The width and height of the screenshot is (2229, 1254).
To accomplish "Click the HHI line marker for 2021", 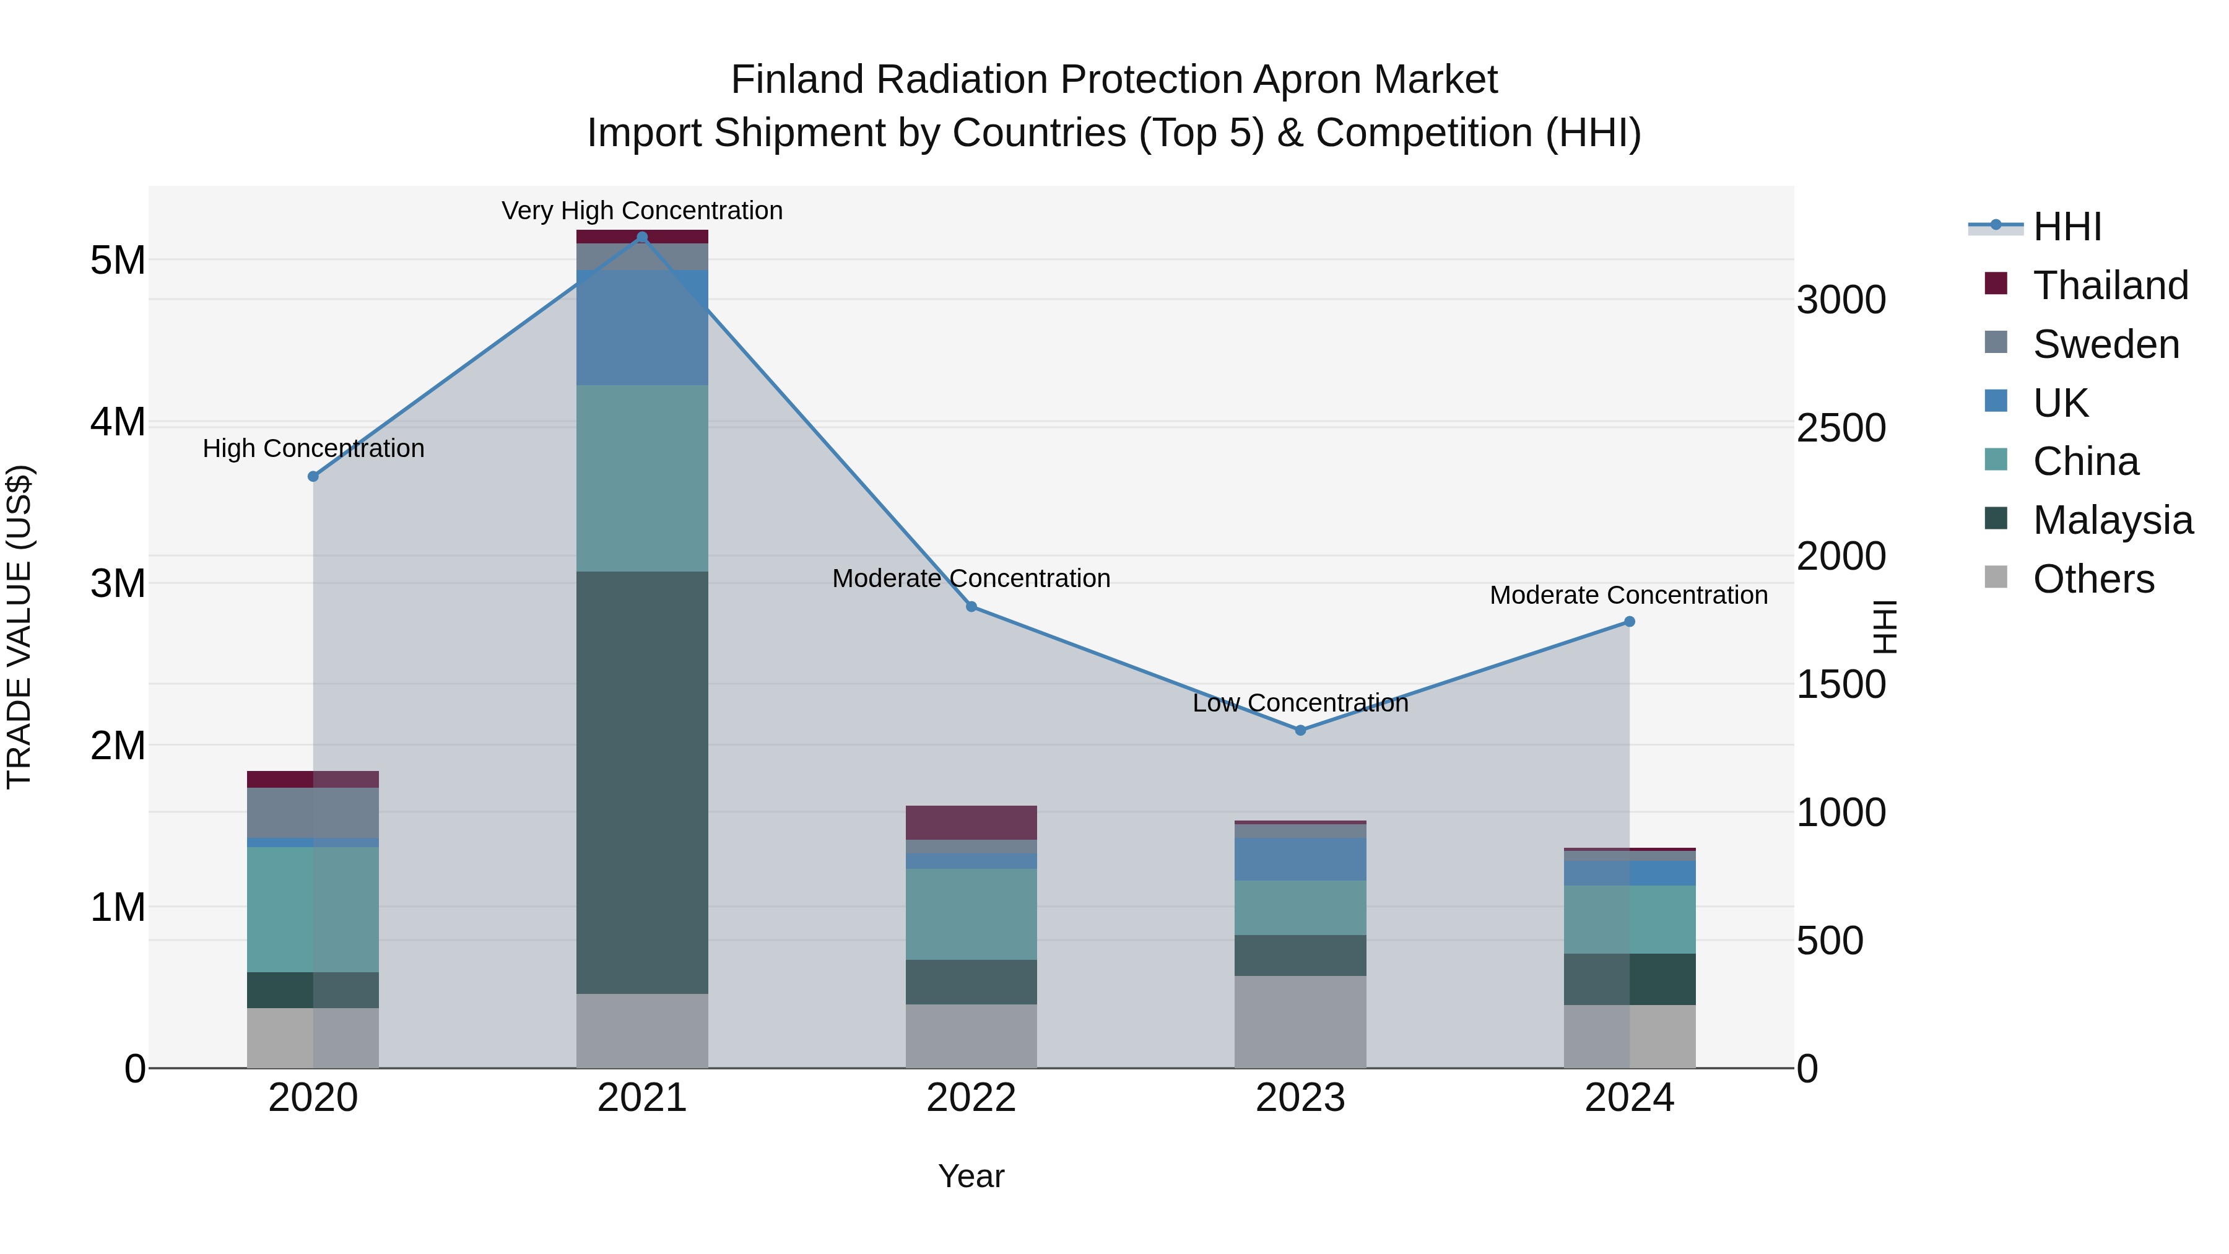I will [x=642, y=237].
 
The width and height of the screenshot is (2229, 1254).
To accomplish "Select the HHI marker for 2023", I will [x=1300, y=731].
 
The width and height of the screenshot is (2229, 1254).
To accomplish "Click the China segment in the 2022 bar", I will [x=971, y=914].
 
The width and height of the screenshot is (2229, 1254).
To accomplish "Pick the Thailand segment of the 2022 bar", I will [x=971, y=822].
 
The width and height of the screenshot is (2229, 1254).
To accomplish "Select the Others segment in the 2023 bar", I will [x=1300, y=1021].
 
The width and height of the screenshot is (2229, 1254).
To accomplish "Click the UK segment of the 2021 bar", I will [x=642, y=327].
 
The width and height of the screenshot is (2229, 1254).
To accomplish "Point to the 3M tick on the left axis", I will [x=118, y=583].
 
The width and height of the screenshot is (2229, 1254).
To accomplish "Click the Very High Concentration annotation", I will [x=642, y=211].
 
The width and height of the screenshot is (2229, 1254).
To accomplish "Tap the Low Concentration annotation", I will [x=1300, y=703].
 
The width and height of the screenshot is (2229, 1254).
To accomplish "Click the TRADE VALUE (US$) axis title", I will [x=19, y=627].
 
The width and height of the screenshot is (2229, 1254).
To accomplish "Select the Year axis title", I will [x=971, y=1176].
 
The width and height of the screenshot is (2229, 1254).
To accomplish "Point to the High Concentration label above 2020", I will [x=313, y=448].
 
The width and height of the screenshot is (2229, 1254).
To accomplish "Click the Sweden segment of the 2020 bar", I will [x=313, y=812].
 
